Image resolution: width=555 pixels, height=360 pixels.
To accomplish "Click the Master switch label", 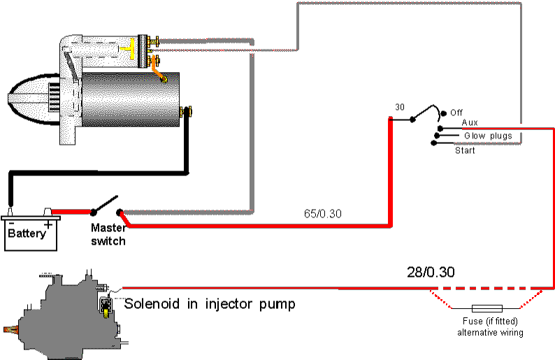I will (108, 234).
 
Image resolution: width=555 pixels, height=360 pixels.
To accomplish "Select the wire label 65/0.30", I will (323, 214).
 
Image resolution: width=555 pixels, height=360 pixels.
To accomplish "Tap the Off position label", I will (456, 113).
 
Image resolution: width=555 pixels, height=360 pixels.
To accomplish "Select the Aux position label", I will (470, 122).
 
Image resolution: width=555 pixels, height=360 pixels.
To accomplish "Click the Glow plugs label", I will (488, 136).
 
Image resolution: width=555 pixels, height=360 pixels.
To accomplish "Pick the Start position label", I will (465, 150).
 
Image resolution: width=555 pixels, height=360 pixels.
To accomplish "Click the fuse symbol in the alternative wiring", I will (486, 308).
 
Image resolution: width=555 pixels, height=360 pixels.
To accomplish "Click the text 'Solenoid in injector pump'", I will (210, 304).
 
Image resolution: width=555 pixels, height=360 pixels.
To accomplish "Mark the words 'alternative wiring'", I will (490, 333).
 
